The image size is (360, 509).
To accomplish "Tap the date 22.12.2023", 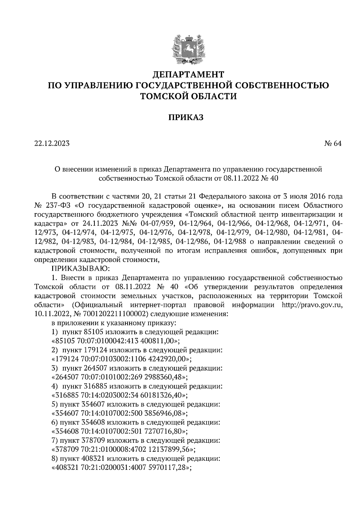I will pyautogui.click(x=52, y=143).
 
